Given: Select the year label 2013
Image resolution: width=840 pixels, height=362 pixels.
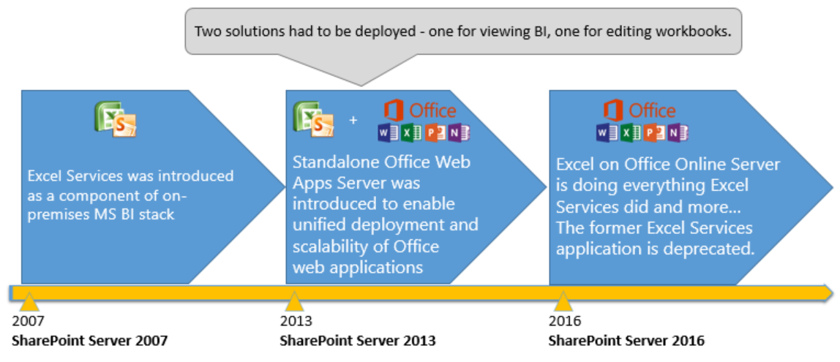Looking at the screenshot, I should [296, 321].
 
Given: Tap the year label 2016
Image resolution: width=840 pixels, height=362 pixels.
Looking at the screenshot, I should [565, 321].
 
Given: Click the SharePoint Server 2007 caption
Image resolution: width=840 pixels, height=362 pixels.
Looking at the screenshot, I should [90, 341].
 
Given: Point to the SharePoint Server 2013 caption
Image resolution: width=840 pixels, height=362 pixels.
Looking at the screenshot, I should [358, 341].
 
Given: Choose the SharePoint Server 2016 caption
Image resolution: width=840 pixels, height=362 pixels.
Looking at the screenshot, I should [626, 341].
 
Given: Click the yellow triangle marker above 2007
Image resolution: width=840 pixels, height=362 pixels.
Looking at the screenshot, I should [29, 302].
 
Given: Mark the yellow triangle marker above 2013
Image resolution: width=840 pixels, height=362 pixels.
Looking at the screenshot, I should [294, 302].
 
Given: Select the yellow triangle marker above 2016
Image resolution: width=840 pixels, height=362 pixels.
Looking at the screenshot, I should [563, 302].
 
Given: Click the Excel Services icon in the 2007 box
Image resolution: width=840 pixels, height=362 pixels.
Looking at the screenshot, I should [116, 118].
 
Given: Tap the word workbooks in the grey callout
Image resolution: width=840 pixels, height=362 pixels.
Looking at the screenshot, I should [694, 32].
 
